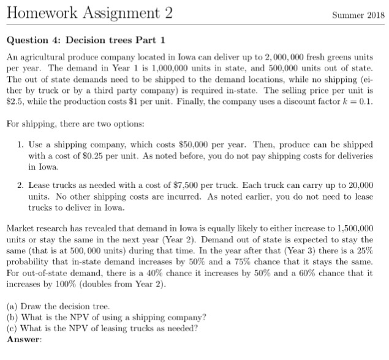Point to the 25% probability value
(x=365, y=251)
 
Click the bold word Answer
(x=23, y=339)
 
